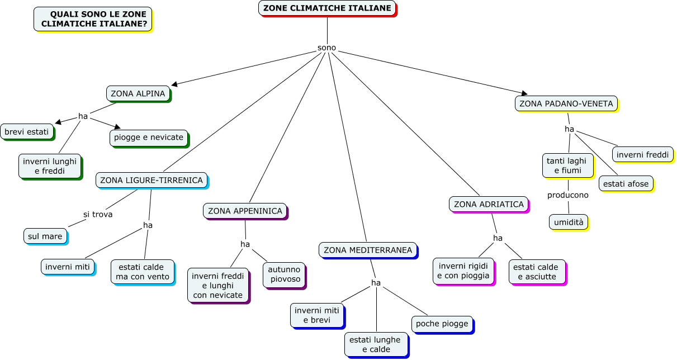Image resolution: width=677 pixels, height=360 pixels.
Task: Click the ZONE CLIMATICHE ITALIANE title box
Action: (x=327, y=8)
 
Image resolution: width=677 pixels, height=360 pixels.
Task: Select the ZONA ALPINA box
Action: (x=138, y=93)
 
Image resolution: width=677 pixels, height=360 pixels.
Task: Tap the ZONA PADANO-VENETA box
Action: (x=566, y=103)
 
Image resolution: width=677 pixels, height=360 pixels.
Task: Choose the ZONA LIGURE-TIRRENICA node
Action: (x=152, y=180)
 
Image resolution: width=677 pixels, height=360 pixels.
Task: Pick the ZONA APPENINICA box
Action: (x=245, y=211)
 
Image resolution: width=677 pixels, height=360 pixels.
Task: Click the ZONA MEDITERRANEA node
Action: (x=367, y=250)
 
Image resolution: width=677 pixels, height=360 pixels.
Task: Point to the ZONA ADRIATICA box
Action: (x=489, y=204)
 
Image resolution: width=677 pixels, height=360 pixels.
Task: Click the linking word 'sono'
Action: (x=326, y=48)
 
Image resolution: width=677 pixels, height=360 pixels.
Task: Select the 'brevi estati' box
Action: (x=27, y=132)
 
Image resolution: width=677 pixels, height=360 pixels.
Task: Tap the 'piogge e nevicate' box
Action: (x=149, y=137)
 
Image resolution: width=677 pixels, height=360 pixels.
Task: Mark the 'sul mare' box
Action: (x=45, y=236)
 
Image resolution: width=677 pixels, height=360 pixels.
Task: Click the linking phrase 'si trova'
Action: (x=98, y=214)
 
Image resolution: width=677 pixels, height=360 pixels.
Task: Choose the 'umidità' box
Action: (x=568, y=222)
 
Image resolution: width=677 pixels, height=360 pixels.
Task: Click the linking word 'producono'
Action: (x=567, y=195)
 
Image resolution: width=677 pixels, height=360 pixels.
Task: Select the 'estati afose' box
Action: (x=626, y=183)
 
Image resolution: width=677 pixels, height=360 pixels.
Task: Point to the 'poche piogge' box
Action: (x=442, y=324)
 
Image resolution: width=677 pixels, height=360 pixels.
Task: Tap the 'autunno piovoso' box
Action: (x=284, y=274)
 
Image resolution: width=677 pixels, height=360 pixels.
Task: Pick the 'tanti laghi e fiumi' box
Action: (x=567, y=165)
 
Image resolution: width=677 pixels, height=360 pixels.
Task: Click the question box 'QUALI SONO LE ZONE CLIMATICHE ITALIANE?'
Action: (x=93, y=19)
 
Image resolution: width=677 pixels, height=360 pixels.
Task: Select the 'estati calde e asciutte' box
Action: (x=537, y=272)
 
